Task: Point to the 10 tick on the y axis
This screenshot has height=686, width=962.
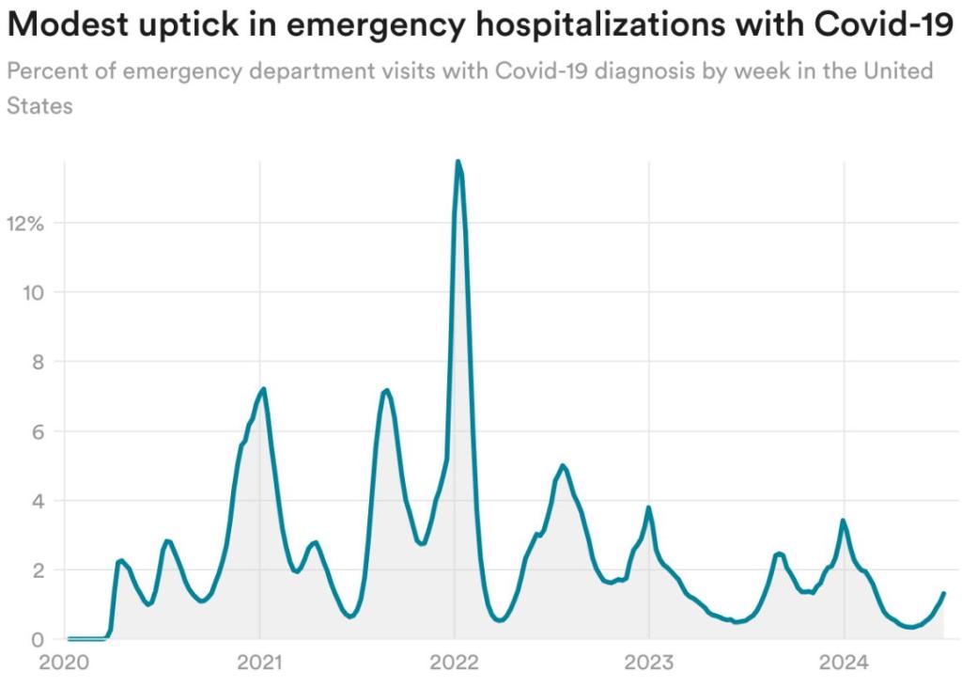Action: point(33,292)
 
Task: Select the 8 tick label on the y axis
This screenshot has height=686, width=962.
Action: point(38,362)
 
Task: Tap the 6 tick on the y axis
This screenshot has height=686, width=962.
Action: point(38,431)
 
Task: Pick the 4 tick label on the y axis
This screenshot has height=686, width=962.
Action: point(38,501)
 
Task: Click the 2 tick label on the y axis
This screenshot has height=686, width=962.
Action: point(38,570)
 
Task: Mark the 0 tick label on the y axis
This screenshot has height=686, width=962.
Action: point(38,640)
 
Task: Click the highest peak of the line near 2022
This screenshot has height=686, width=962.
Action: point(458,162)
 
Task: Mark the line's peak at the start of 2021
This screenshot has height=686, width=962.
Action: point(264,388)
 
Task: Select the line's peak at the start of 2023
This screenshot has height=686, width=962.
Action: point(648,507)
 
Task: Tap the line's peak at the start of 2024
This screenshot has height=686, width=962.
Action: point(843,520)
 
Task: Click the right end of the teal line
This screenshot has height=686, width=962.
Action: point(943,593)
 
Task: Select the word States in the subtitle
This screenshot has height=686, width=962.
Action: point(39,106)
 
